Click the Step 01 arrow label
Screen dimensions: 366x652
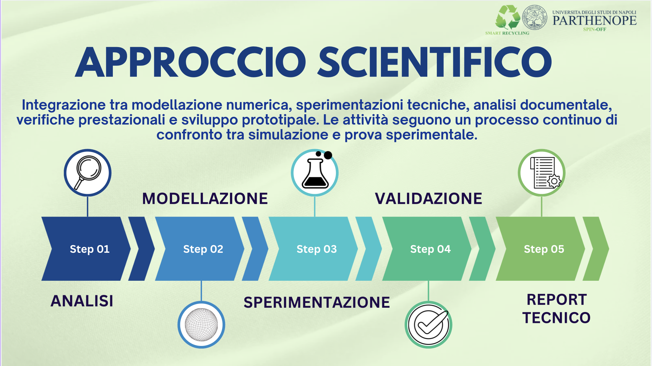point(89,249)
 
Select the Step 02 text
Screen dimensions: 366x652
point(203,249)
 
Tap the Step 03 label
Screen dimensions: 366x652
point(316,249)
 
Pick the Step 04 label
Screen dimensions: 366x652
point(430,249)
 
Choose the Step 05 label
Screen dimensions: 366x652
point(544,249)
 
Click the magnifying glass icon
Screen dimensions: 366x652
point(88,173)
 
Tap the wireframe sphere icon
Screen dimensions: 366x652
point(201,325)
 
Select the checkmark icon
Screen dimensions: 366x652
point(428,325)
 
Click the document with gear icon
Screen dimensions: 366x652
point(542,173)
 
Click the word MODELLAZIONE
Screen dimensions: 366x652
point(205,199)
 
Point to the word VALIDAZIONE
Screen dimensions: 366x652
point(428,199)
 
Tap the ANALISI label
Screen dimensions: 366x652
point(82,301)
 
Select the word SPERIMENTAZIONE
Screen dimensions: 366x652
point(316,302)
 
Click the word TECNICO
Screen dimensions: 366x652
point(556,318)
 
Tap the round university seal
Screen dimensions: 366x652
point(535,17)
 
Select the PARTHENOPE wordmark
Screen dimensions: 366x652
point(594,20)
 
